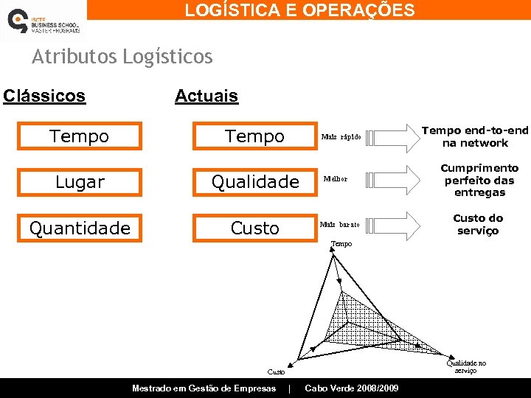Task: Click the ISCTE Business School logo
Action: point(42,21)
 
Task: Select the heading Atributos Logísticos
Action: point(122,56)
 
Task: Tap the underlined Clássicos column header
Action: point(44,96)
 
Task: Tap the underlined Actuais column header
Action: point(206,96)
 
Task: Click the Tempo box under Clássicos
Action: point(79,136)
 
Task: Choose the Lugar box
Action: point(79,181)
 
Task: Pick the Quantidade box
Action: point(79,228)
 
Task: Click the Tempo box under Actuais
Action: point(254,136)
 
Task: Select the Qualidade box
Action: point(254,181)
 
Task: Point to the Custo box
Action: point(254,228)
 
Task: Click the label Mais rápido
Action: point(341,137)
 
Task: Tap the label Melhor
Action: point(336,179)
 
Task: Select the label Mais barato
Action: point(340,224)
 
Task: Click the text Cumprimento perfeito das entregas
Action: point(479,180)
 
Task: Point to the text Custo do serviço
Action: point(478,224)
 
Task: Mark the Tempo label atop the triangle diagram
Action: point(341,243)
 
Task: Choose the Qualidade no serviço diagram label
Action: point(467,366)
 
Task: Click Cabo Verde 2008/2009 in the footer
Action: point(352,388)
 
